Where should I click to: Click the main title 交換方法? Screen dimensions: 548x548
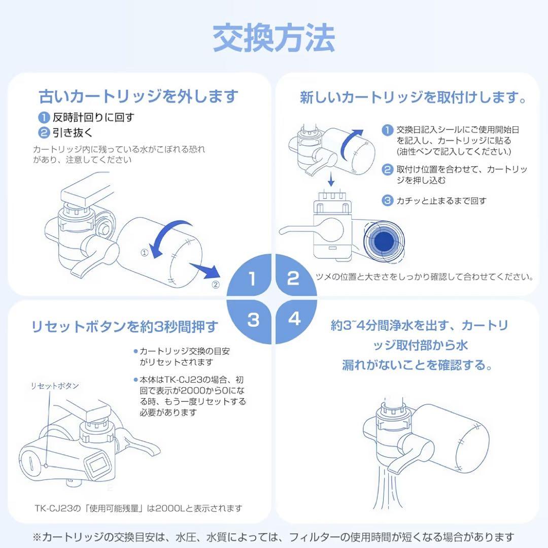click(273, 39)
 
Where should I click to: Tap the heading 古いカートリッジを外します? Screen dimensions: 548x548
click(139, 96)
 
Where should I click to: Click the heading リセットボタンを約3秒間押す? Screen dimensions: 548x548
click(124, 326)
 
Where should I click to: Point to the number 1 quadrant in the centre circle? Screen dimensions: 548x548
click(252, 279)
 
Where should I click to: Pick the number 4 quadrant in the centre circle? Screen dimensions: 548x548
click(294, 319)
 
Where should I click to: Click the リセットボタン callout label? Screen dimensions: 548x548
click(55, 386)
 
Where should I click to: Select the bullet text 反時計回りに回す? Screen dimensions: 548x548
click(93, 118)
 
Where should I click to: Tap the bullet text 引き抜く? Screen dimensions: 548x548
click(72, 133)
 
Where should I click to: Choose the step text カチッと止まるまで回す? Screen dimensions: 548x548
click(441, 200)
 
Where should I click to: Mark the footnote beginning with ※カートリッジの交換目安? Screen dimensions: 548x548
click(273, 536)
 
